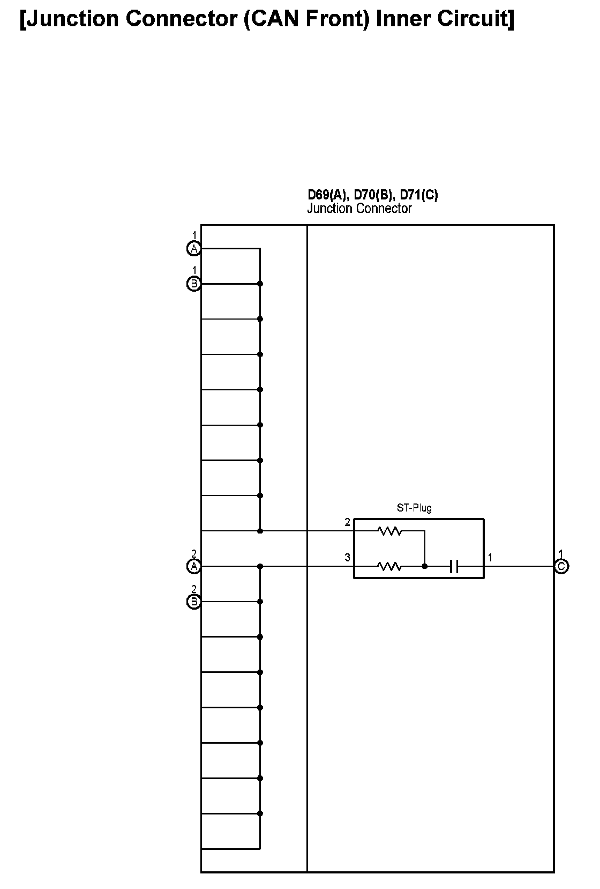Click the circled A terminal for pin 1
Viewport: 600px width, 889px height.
[x=193, y=248]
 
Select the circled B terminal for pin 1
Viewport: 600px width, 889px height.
[x=193, y=284]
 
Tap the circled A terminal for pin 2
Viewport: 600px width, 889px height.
[x=193, y=566]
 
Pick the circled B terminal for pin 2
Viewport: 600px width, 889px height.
[x=193, y=602]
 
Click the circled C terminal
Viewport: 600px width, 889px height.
[x=561, y=566]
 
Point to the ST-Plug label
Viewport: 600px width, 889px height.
[x=414, y=507]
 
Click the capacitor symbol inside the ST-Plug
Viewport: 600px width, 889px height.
[x=454, y=566]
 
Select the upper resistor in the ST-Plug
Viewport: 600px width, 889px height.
[x=389, y=531]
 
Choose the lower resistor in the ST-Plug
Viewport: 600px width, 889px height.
[x=389, y=566]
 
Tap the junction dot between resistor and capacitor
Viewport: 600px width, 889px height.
[x=425, y=566]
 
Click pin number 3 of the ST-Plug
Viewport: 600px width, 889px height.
[x=347, y=558]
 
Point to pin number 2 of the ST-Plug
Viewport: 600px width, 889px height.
[x=347, y=522]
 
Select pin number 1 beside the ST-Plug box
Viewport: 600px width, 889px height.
[x=490, y=558]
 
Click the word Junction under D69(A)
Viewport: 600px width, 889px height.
[x=328, y=209]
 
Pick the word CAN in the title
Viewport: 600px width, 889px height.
[x=277, y=19]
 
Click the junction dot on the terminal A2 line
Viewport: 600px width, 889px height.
[x=260, y=566]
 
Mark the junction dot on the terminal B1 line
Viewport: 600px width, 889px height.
[x=260, y=284]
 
